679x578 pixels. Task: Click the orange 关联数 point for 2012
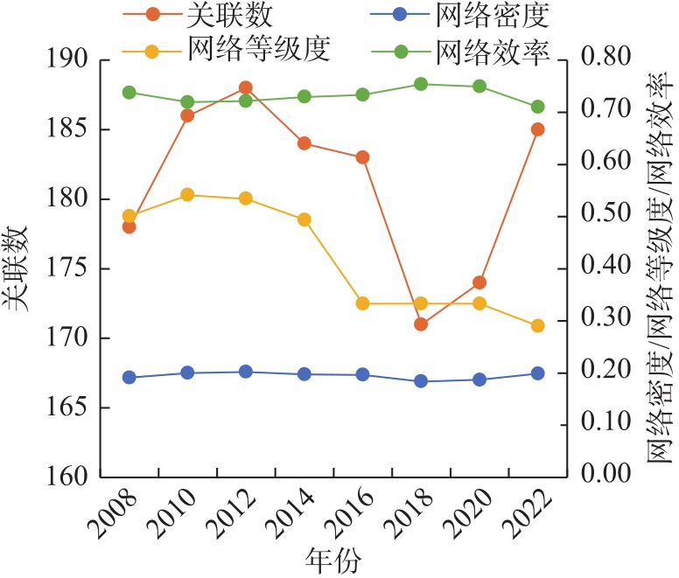pyautogui.click(x=246, y=87)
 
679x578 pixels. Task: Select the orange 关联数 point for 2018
pyautogui.click(x=421, y=324)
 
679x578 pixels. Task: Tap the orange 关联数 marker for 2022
pyautogui.click(x=538, y=129)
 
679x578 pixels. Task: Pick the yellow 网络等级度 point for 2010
pyautogui.click(x=187, y=195)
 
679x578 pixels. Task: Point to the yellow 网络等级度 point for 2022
pyautogui.click(x=538, y=325)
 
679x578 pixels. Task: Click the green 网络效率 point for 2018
pyautogui.click(x=421, y=84)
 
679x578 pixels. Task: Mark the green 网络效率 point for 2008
pyautogui.click(x=129, y=93)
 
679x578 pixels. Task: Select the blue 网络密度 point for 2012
pyautogui.click(x=246, y=372)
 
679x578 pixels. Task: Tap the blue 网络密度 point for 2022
pyautogui.click(x=538, y=373)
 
